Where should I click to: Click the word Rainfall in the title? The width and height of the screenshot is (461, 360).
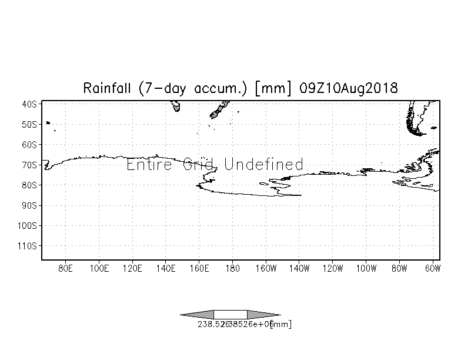click(x=109, y=88)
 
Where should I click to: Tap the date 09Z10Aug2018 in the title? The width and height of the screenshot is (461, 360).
click(x=348, y=88)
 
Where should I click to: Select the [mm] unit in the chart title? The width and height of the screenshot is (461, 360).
click(x=273, y=88)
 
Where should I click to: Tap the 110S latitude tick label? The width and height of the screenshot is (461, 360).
click(x=28, y=245)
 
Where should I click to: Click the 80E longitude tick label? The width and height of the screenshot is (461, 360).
click(x=65, y=269)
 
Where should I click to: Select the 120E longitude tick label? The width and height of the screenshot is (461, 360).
click(x=132, y=269)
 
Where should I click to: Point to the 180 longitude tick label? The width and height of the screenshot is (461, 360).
click(x=232, y=269)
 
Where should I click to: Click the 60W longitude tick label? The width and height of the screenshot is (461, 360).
click(x=432, y=269)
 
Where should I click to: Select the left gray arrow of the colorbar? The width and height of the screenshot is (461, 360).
click(x=198, y=314)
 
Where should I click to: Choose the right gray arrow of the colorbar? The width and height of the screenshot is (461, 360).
click(x=263, y=314)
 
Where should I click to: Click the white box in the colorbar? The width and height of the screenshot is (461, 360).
click(x=230, y=314)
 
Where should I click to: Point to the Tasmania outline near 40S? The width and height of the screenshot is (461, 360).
click(x=176, y=106)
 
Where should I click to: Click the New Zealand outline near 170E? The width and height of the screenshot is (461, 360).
click(x=221, y=109)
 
